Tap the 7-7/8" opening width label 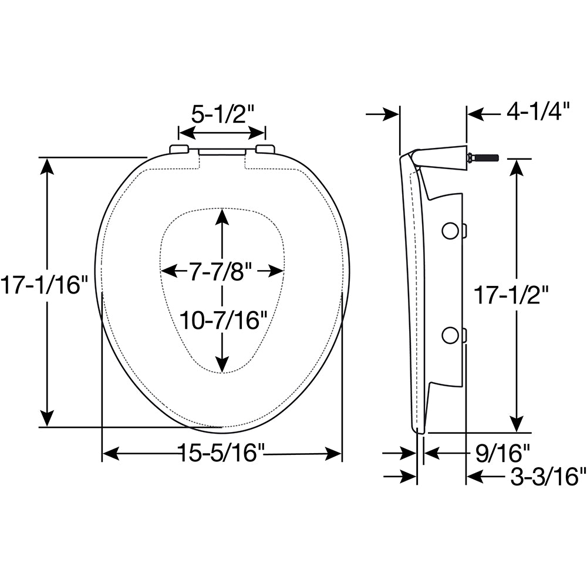pyautogui.click(x=221, y=271)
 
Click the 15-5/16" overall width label pyautogui.click(x=222, y=453)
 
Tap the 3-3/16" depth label pyautogui.click(x=548, y=477)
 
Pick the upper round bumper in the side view pyautogui.click(x=450, y=231)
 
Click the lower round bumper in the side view pyautogui.click(x=450, y=335)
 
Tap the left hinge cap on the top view pyautogui.click(x=179, y=149)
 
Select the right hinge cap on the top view pyautogui.click(x=265, y=149)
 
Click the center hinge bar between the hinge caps pyautogui.click(x=222, y=151)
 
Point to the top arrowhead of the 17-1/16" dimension pyautogui.click(x=46, y=166)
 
